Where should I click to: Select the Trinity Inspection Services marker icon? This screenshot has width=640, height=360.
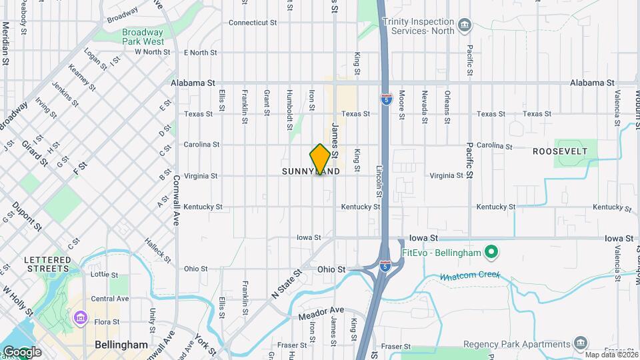(465, 26)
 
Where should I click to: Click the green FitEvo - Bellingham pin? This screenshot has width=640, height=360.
(492, 252)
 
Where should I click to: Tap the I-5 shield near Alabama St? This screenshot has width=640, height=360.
(387, 100)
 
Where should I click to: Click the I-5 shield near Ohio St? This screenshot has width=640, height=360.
(385, 266)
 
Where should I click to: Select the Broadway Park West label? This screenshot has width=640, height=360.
(143, 37)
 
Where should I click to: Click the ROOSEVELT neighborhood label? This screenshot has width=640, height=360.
(560, 151)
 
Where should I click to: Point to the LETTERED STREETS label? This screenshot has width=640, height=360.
(47, 264)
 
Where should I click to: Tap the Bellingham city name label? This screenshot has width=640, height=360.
(121, 345)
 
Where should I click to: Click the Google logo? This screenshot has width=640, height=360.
(21, 351)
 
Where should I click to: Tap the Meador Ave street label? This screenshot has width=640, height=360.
(321, 310)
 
